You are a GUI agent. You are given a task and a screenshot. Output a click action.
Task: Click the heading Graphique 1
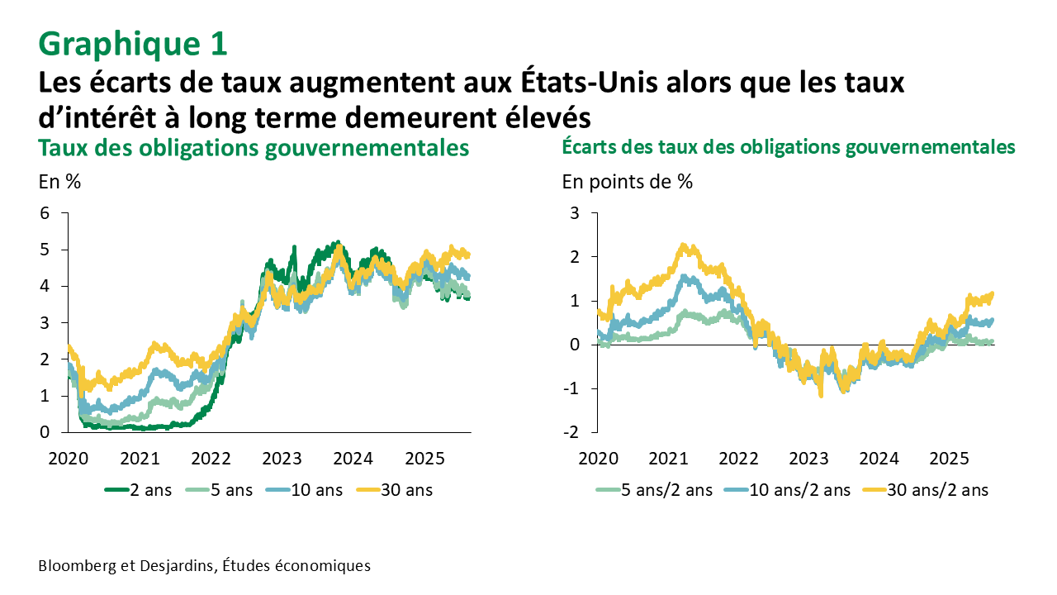pos(132,44)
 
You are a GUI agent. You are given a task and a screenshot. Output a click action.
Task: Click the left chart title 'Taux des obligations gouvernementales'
pos(254,149)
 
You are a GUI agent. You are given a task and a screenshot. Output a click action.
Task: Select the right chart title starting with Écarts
pos(788,147)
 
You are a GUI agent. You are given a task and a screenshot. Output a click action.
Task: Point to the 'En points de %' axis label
pos(628,182)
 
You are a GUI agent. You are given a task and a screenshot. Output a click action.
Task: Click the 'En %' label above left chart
pos(59,182)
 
